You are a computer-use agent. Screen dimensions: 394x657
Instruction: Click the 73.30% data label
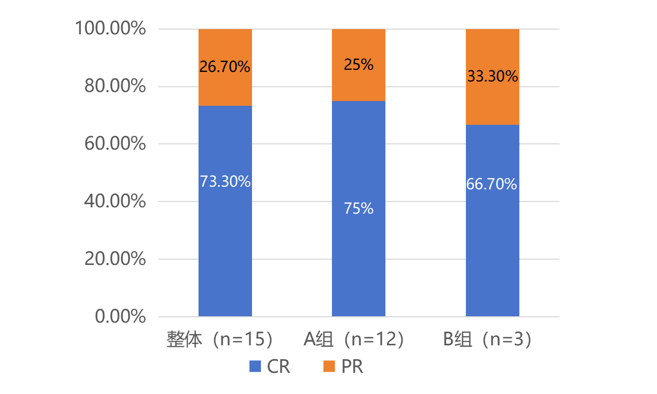(225, 181)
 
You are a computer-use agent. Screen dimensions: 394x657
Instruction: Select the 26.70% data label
(225, 67)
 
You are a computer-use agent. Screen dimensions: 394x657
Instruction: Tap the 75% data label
(358, 208)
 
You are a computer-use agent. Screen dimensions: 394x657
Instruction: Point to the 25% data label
(358, 65)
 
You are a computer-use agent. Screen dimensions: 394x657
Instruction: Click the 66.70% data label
(492, 184)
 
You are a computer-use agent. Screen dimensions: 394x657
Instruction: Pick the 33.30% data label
(492, 77)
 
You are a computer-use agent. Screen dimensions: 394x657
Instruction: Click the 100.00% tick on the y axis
(110, 29)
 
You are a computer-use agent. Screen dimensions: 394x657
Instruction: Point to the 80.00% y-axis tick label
(115, 87)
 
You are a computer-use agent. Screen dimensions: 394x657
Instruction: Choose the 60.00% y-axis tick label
(115, 144)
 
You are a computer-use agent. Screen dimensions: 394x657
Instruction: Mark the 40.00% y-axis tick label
(115, 201)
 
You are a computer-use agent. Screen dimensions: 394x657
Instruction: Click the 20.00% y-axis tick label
(115, 259)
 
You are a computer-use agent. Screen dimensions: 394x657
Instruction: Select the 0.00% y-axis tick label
(120, 317)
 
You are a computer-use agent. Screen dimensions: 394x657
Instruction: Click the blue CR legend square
(256, 366)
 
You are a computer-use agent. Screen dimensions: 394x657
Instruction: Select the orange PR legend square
(329, 366)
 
